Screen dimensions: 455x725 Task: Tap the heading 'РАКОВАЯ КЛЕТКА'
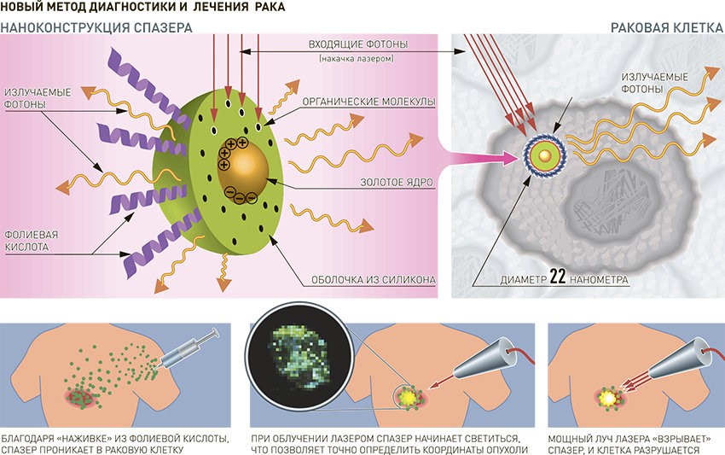point(666,27)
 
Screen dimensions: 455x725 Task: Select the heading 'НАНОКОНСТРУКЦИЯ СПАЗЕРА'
point(96,27)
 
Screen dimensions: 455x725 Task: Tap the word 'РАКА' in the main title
point(269,7)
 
